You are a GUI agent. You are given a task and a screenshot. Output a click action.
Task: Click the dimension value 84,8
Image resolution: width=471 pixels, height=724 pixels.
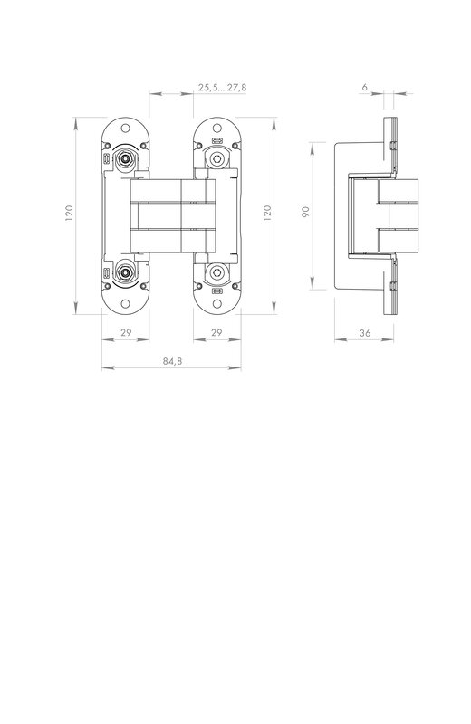(172, 361)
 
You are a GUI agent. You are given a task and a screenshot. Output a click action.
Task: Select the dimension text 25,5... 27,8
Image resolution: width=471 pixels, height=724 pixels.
(222, 87)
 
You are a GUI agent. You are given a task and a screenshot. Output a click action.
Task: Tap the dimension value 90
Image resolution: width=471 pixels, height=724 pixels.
(305, 212)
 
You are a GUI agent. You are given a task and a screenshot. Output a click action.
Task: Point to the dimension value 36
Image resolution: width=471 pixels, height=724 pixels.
(365, 333)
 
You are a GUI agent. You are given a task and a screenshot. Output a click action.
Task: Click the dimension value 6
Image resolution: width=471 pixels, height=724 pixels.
(365, 87)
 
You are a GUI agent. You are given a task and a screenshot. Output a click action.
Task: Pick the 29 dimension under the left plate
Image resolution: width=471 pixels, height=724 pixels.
(126, 332)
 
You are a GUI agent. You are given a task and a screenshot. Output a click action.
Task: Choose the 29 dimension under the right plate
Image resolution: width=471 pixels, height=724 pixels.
(216, 332)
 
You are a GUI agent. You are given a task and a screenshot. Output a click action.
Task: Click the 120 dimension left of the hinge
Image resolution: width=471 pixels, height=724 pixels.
(70, 213)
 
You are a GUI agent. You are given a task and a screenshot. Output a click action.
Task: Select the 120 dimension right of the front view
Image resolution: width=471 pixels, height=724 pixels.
(267, 213)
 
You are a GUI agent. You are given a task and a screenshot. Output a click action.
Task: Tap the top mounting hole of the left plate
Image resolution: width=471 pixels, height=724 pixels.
(125, 128)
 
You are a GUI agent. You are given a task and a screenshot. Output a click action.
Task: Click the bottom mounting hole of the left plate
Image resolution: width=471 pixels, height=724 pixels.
(125, 303)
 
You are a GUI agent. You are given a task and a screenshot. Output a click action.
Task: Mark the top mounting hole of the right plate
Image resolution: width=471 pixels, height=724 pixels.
(216, 128)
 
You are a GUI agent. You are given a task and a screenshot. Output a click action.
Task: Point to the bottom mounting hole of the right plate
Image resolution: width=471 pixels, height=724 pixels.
(216, 303)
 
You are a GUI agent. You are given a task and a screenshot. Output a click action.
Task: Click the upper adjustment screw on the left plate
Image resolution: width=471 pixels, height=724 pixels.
(124, 158)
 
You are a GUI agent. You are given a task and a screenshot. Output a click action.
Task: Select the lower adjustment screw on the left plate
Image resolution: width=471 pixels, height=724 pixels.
(124, 272)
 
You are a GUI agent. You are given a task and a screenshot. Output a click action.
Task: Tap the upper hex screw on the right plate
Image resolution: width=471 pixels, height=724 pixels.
(216, 158)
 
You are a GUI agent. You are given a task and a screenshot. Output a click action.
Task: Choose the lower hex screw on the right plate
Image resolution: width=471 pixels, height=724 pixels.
(216, 272)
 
